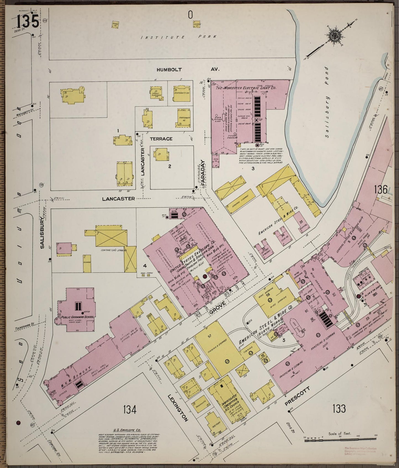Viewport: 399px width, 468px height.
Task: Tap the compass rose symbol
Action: pyautogui.click(x=334, y=35)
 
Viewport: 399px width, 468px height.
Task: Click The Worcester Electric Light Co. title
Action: pyautogui.click(x=244, y=88)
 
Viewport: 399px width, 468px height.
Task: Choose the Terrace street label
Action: pyautogui.click(x=161, y=139)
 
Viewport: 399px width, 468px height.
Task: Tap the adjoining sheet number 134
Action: pyautogui.click(x=130, y=409)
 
